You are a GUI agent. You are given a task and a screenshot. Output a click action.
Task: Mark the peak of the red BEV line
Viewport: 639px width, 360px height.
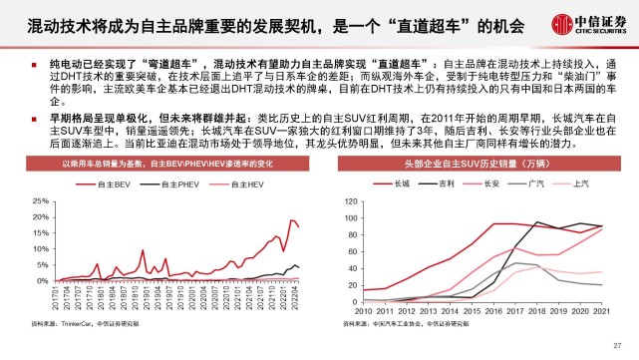click(x=291, y=219)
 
